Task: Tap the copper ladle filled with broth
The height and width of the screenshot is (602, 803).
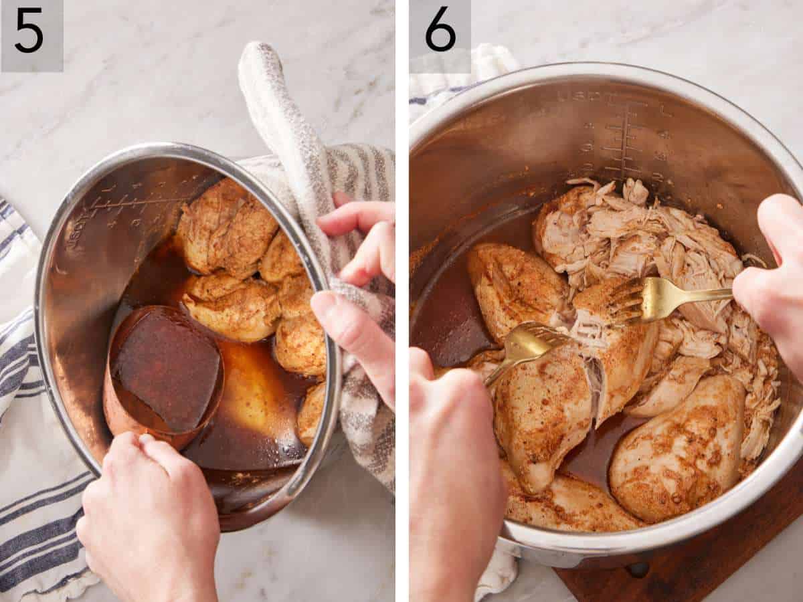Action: (x=164, y=371)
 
